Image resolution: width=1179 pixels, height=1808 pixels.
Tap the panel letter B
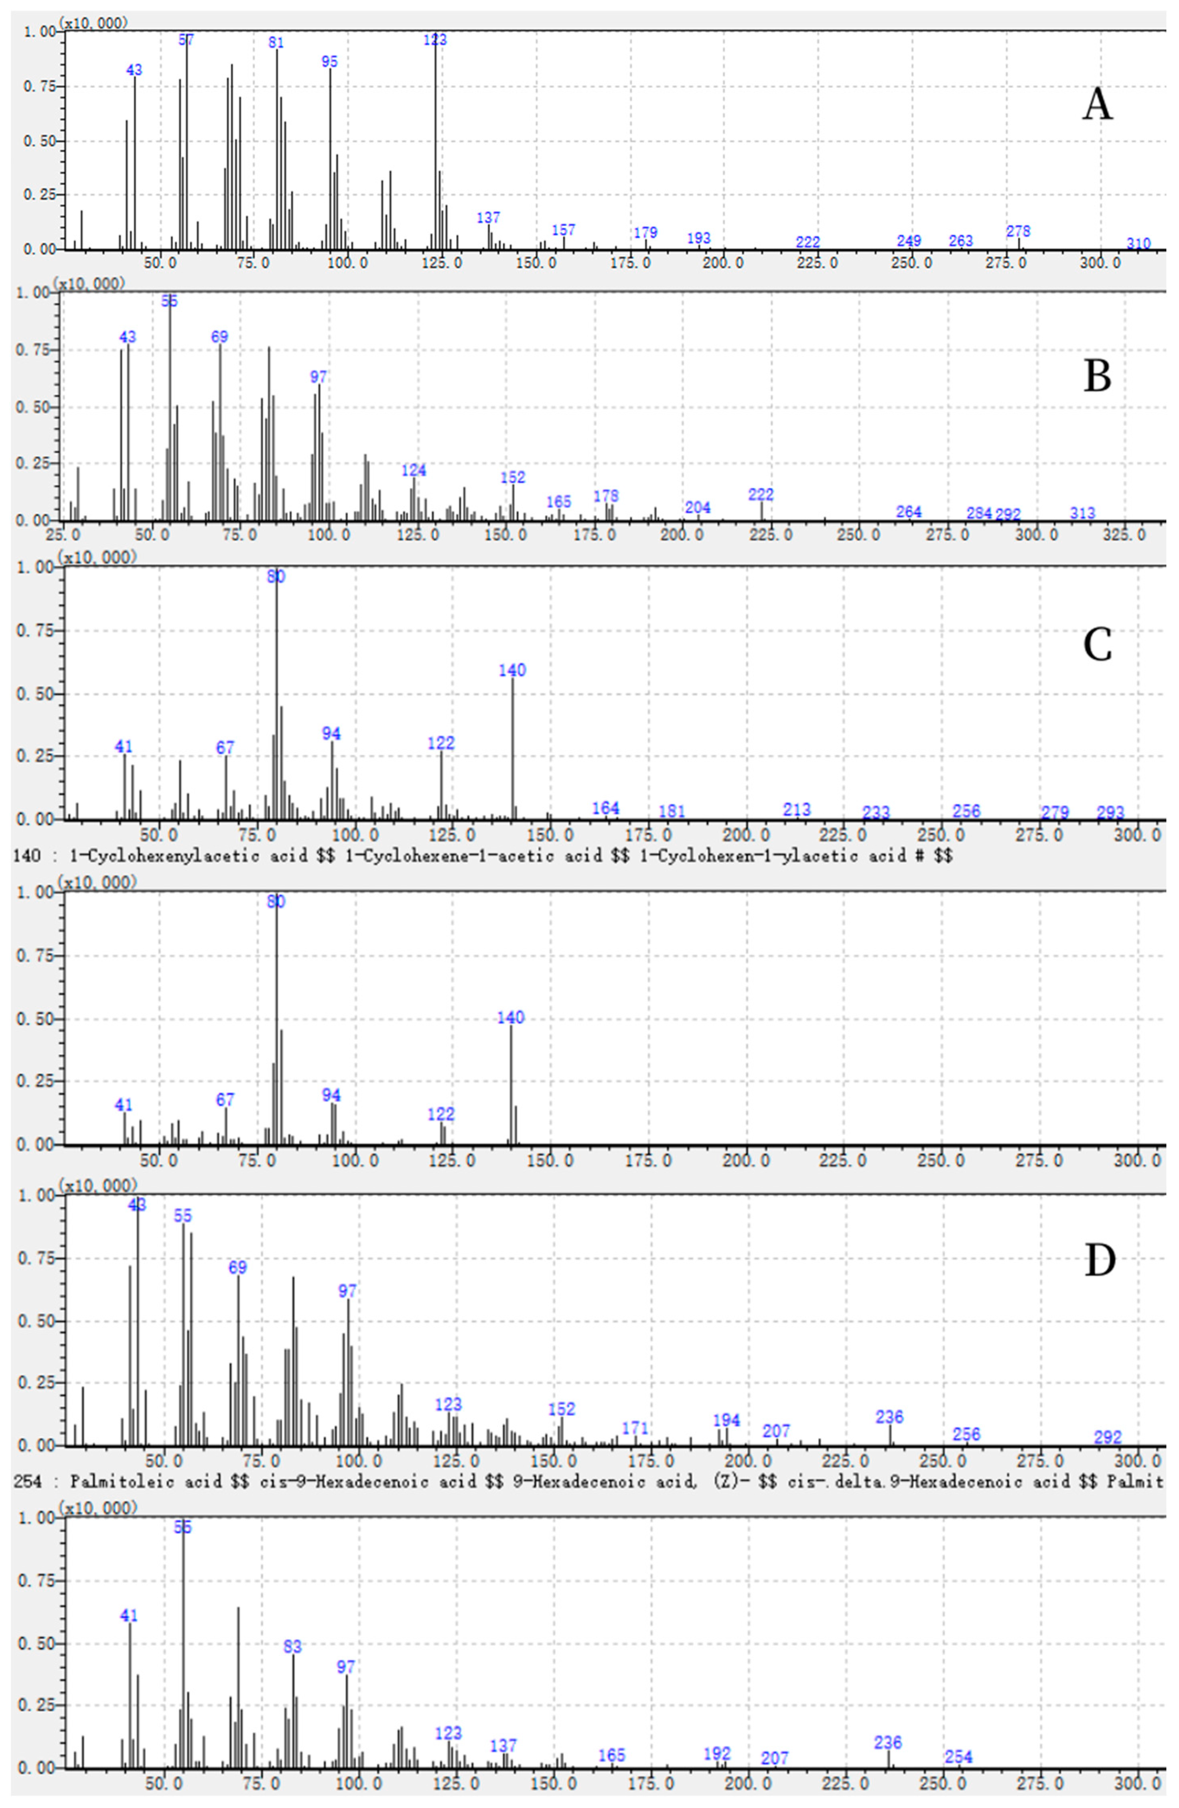(1097, 376)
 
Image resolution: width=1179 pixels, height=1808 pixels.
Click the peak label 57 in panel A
(186, 39)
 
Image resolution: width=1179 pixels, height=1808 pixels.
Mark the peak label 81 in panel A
(276, 43)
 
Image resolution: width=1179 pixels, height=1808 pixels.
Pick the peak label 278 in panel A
(1018, 231)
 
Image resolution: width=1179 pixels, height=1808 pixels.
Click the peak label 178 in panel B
(606, 495)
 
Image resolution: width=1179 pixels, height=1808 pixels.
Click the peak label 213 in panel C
(797, 810)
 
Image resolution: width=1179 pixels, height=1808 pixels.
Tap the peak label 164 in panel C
(605, 808)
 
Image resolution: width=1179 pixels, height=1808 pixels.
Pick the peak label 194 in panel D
(726, 1420)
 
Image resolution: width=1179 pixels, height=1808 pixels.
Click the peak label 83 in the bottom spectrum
(292, 1646)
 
